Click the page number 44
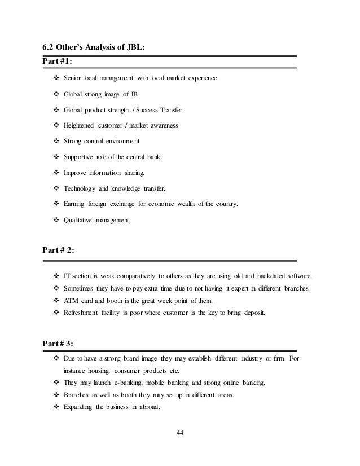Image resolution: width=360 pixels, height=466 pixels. tap(180, 433)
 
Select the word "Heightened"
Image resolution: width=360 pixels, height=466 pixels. tap(80, 125)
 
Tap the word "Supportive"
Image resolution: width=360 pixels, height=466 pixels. tap(79, 156)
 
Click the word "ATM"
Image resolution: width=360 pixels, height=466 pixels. tap(71, 300)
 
